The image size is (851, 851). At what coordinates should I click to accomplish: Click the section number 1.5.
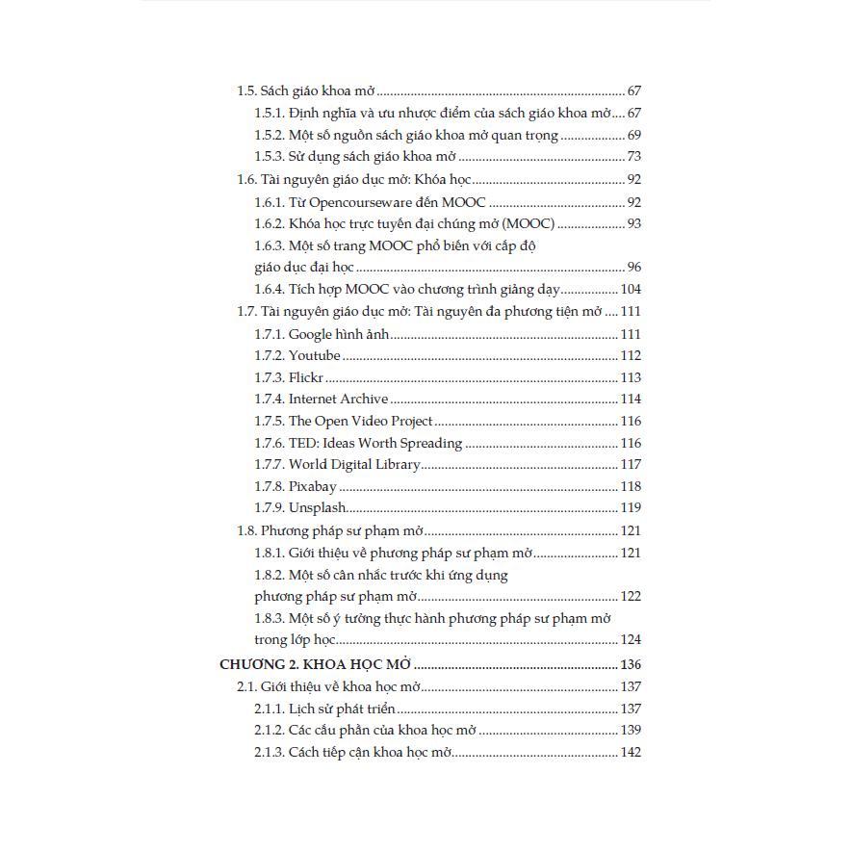pos(246,91)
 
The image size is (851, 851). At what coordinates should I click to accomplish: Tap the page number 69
pos(633,136)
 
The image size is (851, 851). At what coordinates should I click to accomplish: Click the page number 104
pos(631,290)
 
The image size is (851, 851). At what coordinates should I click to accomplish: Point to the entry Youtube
pos(314,356)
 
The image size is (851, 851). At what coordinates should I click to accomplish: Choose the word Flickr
pos(306,378)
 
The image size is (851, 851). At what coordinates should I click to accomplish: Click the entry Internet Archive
pos(338,400)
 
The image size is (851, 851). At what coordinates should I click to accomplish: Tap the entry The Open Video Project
pos(360,422)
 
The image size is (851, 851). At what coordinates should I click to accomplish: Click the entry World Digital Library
pos(354,465)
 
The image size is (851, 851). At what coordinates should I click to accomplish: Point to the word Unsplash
pos(317,508)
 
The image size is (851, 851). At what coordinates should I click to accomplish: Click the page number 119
pos(631,508)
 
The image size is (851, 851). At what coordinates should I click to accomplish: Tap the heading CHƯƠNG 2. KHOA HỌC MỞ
pos(316,665)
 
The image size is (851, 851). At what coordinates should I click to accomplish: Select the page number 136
pos(631,665)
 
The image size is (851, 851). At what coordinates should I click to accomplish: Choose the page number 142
pos(631,753)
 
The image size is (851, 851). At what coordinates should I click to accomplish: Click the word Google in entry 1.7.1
pos(310,335)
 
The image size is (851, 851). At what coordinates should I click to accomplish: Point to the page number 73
pos(633,157)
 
